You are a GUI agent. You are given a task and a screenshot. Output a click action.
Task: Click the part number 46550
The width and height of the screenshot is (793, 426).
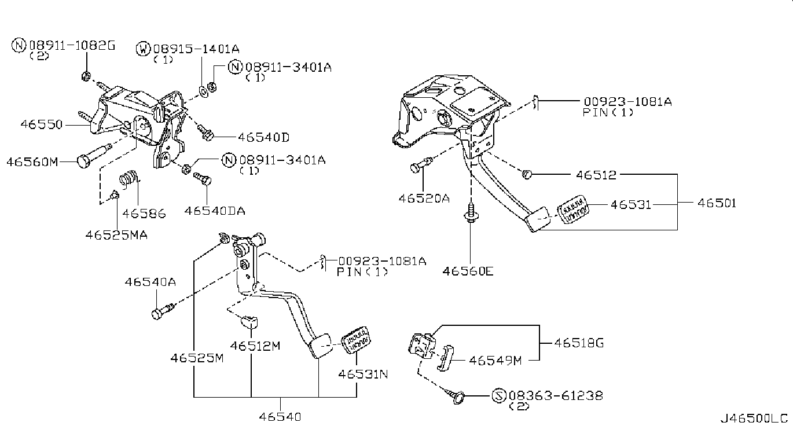(x=42, y=124)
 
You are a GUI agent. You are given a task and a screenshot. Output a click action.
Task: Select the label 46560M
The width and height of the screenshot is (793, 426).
(x=32, y=162)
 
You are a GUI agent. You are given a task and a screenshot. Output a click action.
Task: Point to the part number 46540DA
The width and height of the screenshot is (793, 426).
(x=215, y=211)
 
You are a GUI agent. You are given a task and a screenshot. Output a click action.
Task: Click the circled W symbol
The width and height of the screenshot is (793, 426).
(x=143, y=49)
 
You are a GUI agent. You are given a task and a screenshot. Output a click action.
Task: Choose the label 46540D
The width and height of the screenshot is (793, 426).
(x=264, y=137)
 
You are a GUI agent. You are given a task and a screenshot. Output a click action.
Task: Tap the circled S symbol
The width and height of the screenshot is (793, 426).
(x=499, y=395)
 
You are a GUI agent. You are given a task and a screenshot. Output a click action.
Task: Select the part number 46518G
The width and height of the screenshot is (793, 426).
(x=579, y=343)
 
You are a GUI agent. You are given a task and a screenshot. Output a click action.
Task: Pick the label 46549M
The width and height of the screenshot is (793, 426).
(x=495, y=361)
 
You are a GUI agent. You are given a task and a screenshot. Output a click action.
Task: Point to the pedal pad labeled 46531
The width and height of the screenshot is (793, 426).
(x=573, y=210)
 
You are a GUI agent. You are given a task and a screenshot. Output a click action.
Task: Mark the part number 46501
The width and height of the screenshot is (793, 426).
(x=717, y=203)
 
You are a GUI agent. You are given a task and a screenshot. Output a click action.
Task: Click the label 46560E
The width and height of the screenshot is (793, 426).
(x=468, y=271)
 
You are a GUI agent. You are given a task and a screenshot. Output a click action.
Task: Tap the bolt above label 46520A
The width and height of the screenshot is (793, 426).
(x=421, y=165)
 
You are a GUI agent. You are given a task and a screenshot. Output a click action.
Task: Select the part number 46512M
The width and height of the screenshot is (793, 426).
(x=255, y=346)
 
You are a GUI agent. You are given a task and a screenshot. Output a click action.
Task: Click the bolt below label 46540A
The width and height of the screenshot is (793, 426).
(x=163, y=311)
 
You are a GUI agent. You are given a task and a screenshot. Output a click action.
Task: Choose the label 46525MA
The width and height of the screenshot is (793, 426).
(x=116, y=235)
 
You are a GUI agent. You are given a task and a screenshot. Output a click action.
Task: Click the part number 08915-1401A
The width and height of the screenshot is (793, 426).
(x=196, y=49)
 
